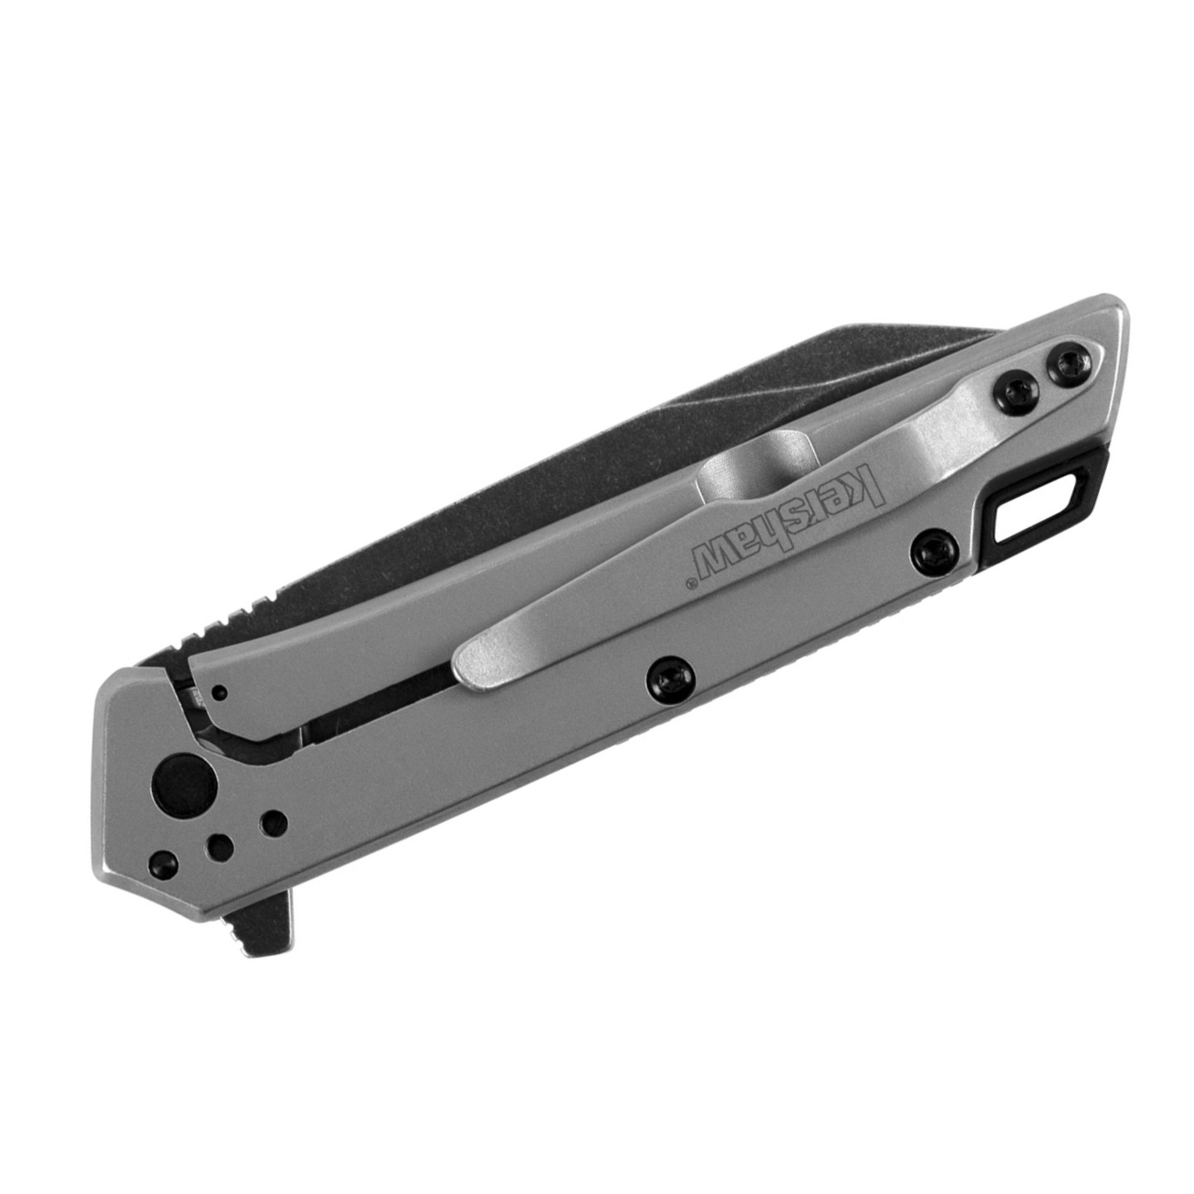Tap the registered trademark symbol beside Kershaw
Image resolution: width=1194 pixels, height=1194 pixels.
(688, 582)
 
